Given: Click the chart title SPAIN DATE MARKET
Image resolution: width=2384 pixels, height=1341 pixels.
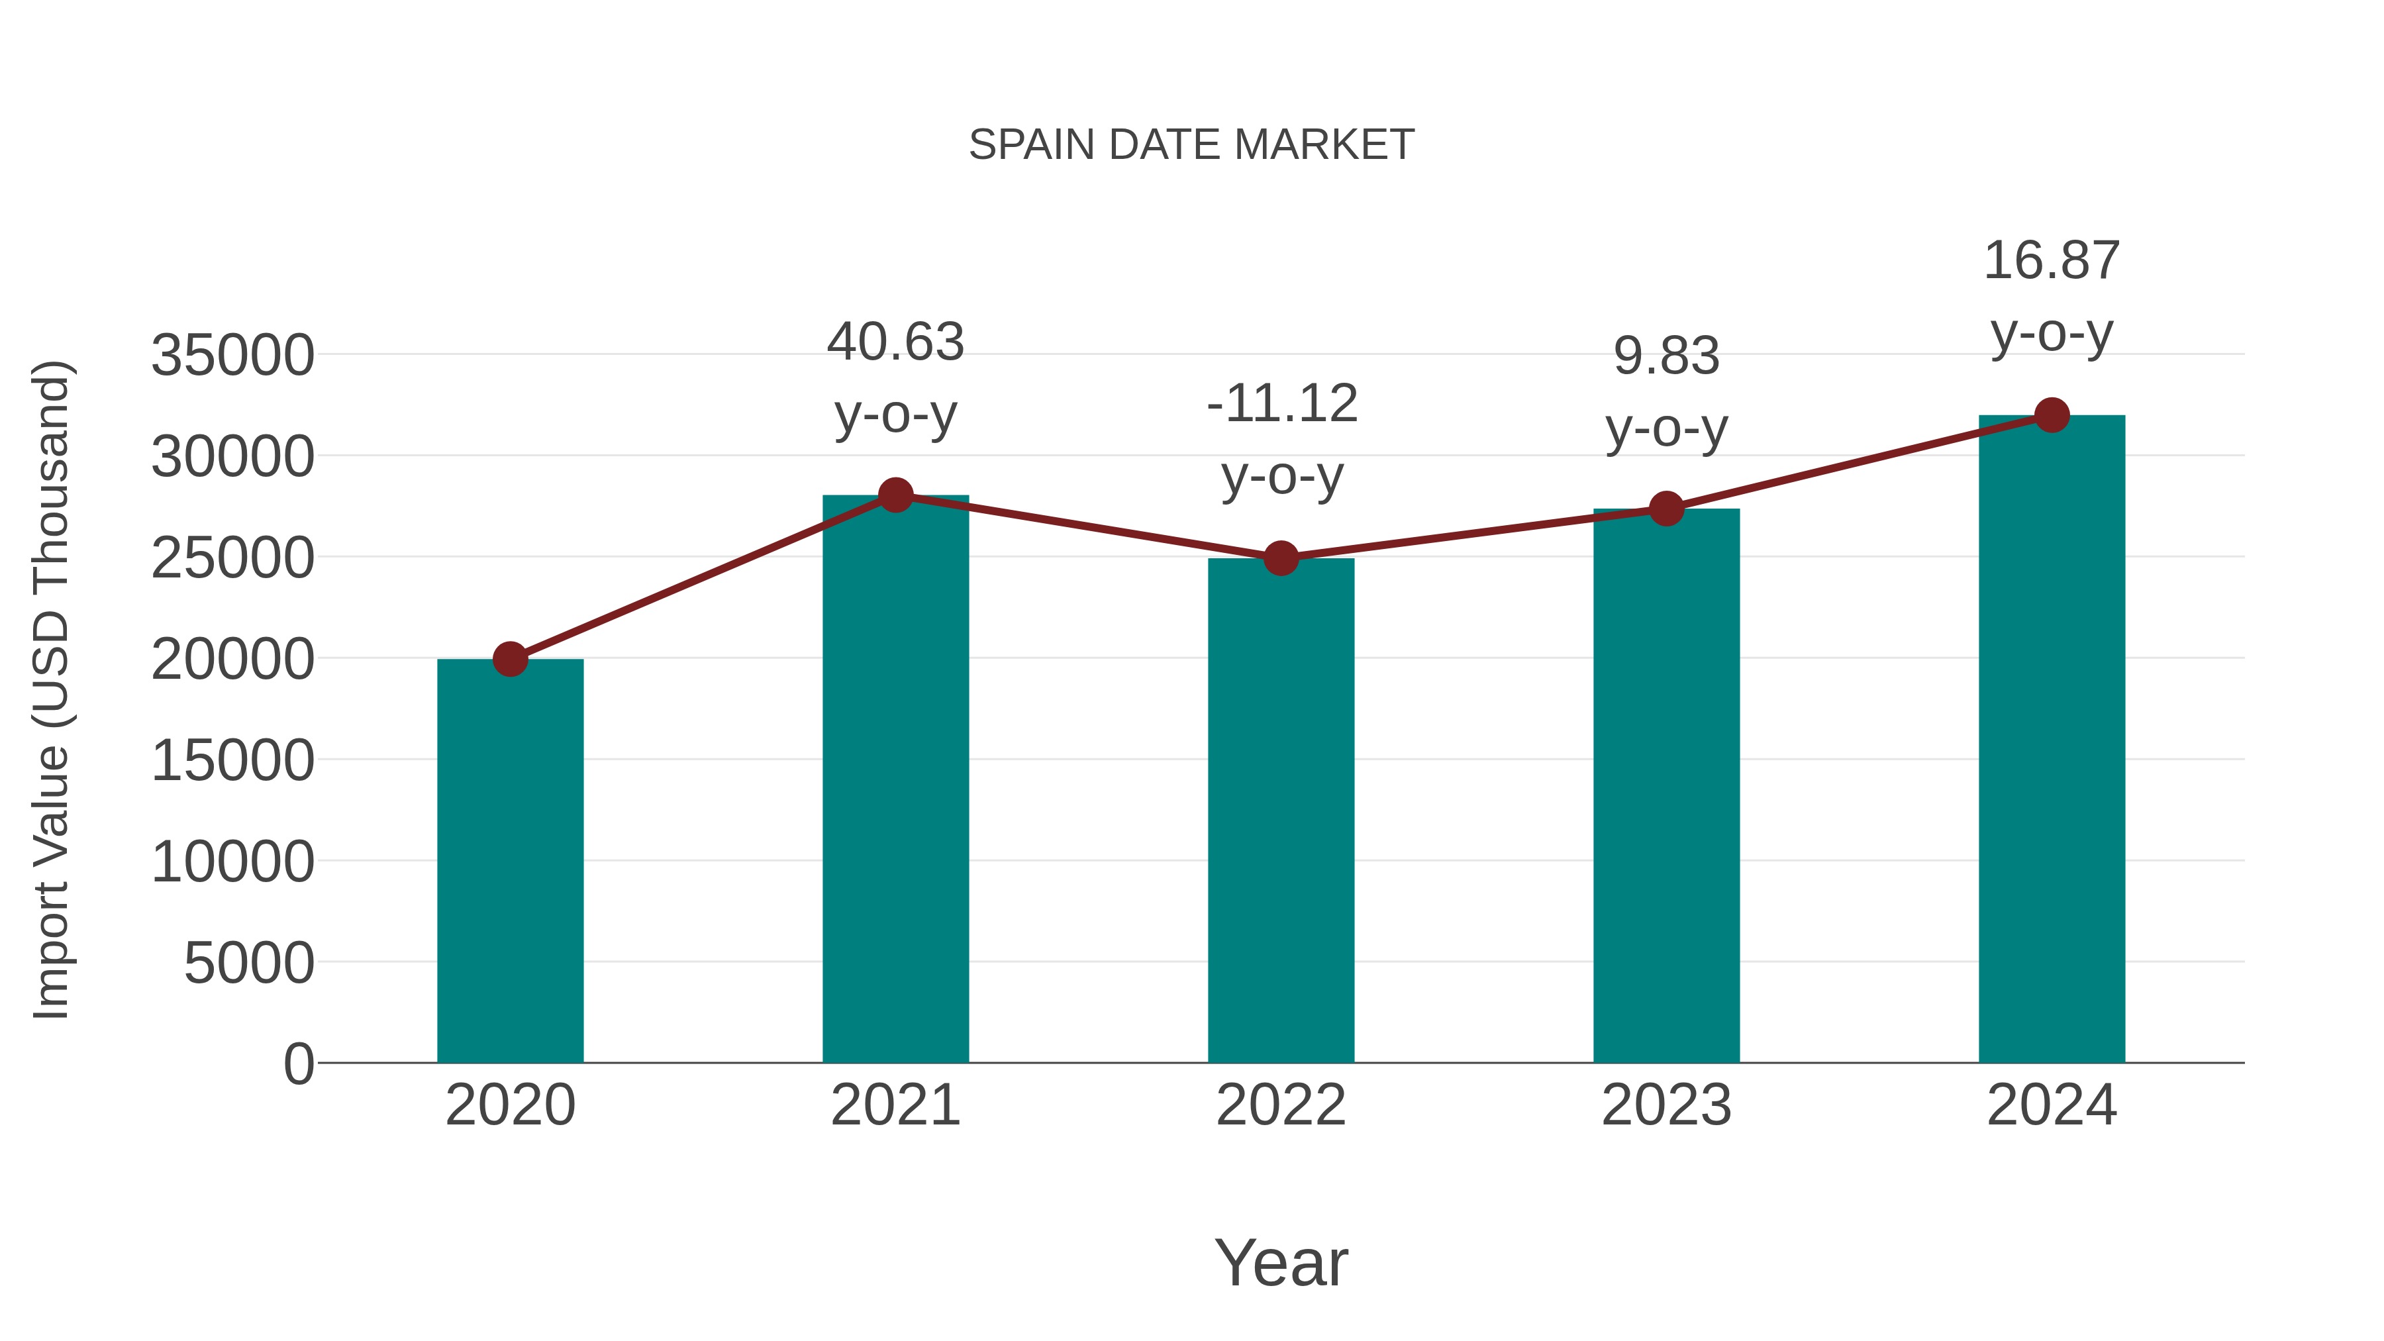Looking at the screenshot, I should coord(1191,145).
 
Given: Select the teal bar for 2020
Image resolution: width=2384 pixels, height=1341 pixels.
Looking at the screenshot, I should coord(510,861).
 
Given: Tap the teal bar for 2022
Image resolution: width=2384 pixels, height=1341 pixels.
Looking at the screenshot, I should coord(1281,810).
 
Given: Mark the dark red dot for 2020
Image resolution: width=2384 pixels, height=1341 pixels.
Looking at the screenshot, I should coord(510,659).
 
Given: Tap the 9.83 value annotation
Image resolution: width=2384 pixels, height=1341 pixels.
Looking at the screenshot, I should coord(1666,356).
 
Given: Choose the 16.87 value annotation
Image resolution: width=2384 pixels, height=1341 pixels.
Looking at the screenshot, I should coord(2052,260).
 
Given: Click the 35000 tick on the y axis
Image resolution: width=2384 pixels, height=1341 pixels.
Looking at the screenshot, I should coord(232,356).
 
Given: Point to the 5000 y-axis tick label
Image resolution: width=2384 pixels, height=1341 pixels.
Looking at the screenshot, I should coord(249,964).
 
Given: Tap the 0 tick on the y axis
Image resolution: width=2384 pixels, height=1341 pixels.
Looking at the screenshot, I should coord(298,1064).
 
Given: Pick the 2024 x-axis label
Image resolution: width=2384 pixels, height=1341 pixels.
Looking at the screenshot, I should coord(2052,1105).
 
